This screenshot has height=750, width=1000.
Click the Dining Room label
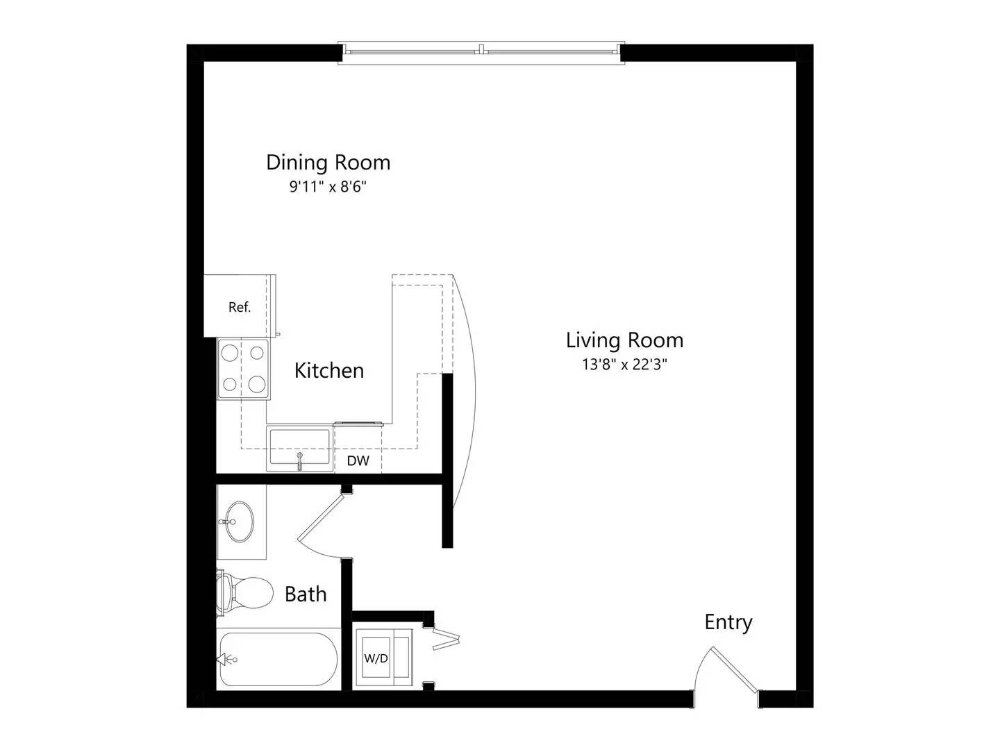[x=328, y=162]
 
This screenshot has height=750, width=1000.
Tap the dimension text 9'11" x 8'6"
[x=328, y=187]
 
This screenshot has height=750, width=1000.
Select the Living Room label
[x=624, y=340]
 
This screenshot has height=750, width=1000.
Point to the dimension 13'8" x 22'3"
[x=624, y=365]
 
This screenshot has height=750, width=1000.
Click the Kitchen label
[x=329, y=371]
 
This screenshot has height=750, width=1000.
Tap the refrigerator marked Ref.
[x=240, y=306]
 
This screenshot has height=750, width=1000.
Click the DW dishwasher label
[x=358, y=461]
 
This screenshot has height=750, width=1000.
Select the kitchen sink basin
[x=299, y=446]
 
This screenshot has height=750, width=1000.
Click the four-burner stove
[x=243, y=369]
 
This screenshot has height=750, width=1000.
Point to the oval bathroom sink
[x=240, y=522]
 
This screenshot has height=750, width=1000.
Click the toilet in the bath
[x=244, y=592]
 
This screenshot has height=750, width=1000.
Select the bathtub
[x=278, y=660]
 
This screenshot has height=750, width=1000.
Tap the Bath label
[x=306, y=594]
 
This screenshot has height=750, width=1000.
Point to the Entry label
[x=728, y=622]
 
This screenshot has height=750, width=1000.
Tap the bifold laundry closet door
[x=446, y=640]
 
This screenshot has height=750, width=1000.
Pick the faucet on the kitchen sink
[x=299, y=461]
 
